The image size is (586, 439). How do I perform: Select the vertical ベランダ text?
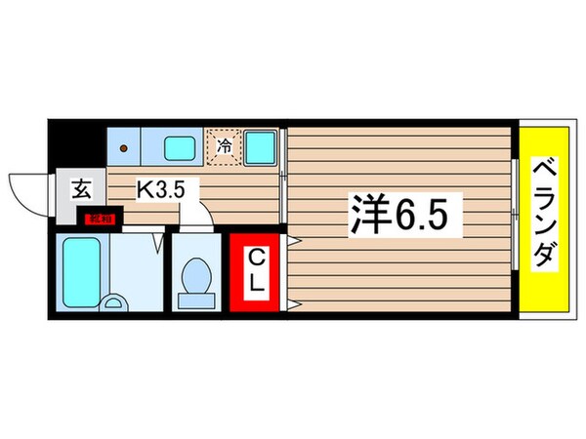(544, 216)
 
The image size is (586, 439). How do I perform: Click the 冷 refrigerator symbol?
(225, 148)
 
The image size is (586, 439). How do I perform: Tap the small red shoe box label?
(101, 219)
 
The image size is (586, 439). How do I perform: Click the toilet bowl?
(198, 275)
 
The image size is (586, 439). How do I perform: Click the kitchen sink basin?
(179, 148)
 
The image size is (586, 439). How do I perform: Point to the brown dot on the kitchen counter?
(123, 148)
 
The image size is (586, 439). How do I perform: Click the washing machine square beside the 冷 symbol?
(260, 147)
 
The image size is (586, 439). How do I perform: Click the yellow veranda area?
(542, 283)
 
